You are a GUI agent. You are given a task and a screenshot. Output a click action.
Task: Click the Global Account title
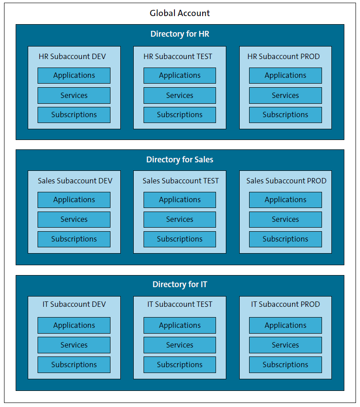tap(180, 13)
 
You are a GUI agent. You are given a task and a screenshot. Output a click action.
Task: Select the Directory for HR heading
tap(180, 34)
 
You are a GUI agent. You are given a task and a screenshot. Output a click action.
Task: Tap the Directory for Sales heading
tap(180, 160)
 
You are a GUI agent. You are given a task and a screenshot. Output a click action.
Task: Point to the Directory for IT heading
tap(180, 284)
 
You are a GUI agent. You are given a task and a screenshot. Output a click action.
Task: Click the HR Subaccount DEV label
tap(74, 56)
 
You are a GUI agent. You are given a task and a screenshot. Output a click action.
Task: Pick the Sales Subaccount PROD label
tap(286, 181)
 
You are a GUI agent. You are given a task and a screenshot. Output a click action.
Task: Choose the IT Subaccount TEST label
tap(180, 304)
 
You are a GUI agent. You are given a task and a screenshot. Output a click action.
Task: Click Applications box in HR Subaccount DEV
tap(74, 76)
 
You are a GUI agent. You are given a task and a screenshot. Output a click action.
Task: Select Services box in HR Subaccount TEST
tap(180, 95)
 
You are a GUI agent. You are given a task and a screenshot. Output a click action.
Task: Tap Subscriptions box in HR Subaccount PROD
tap(285, 115)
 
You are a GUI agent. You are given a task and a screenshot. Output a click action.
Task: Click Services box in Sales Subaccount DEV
tap(74, 220)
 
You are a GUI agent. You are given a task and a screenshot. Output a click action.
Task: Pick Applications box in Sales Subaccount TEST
tap(180, 200)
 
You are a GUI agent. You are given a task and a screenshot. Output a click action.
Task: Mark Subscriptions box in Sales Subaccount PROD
tap(285, 239)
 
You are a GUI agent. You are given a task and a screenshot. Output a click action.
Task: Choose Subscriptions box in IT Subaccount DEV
tap(74, 365)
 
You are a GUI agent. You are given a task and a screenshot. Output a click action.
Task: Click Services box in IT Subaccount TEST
tap(180, 345)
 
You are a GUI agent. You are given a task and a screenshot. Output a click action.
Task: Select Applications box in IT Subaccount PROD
tap(285, 325)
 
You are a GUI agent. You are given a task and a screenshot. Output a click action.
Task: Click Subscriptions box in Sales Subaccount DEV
tap(74, 239)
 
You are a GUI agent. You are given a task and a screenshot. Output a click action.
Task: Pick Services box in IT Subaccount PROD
tap(285, 345)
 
